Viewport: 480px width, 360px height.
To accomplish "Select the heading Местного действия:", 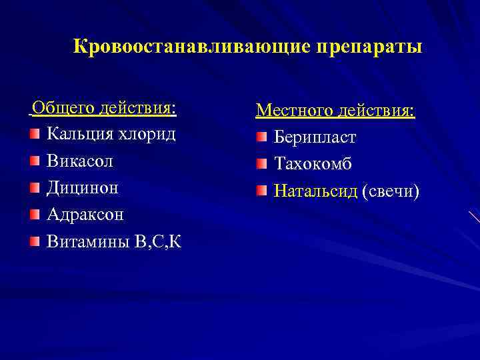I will click(335, 110).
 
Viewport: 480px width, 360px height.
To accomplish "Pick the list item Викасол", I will click(80, 161).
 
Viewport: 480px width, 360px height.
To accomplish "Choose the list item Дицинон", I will click(83, 187).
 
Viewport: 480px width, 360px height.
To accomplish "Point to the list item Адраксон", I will click(85, 215).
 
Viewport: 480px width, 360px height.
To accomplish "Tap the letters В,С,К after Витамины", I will click(157, 241).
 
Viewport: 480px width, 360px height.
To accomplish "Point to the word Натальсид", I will click(316, 192).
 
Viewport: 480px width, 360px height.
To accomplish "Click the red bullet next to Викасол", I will click(34, 161).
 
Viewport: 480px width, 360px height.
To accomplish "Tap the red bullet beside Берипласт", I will click(261, 137).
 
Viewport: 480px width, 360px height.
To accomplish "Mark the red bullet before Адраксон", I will click(34, 215).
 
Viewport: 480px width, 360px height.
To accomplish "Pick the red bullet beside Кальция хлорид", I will click(34, 134).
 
